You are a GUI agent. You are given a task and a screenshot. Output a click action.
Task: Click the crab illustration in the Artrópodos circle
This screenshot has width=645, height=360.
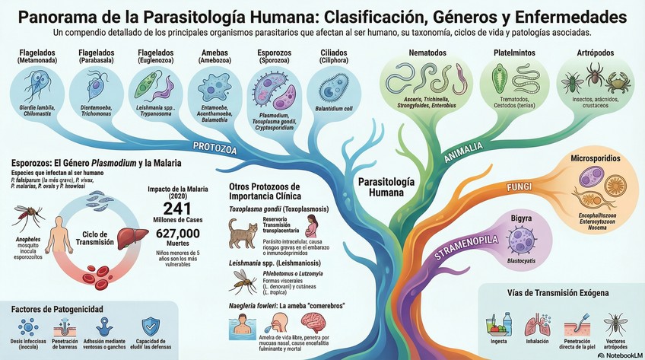point(617,82)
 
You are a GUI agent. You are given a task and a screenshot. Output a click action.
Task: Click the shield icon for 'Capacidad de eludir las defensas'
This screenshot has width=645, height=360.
point(151,327)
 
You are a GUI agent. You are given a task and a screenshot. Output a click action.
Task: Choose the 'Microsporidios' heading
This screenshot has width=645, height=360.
point(596,158)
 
